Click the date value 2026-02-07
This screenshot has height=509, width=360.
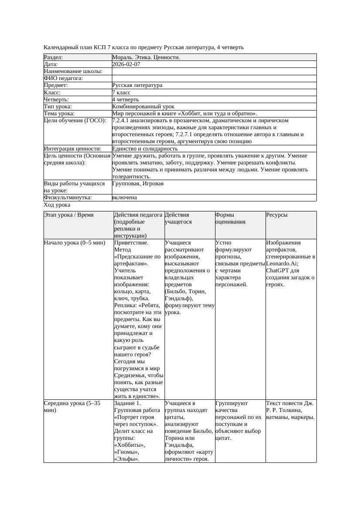coord(126,64)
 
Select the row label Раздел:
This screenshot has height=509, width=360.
coord(54,57)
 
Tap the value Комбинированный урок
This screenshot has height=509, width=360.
coord(143,107)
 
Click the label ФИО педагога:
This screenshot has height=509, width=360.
coord(64,78)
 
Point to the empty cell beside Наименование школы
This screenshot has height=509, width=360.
coord(214,71)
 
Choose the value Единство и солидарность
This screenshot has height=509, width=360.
coord(145,149)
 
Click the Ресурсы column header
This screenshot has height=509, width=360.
coord(277,215)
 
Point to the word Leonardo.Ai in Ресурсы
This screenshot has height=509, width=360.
coord(282,264)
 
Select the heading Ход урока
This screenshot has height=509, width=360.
coord(57,205)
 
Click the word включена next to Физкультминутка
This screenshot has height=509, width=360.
coord(124,198)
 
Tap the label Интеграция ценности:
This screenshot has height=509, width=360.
coord(72,149)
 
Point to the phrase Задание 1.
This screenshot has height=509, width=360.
coord(127,403)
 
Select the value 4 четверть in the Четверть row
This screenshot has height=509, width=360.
coord(125,100)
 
